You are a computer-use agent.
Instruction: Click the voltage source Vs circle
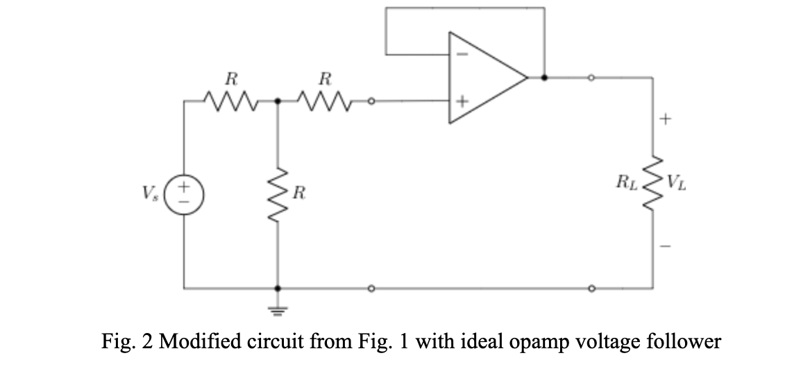[x=185, y=191]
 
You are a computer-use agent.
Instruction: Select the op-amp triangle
[x=486, y=78]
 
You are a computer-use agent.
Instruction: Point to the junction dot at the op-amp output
[x=543, y=78]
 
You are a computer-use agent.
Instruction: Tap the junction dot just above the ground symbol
[x=278, y=287]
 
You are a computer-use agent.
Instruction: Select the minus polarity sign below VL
[x=665, y=246]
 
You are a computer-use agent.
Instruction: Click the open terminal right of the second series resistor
[x=372, y=102]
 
